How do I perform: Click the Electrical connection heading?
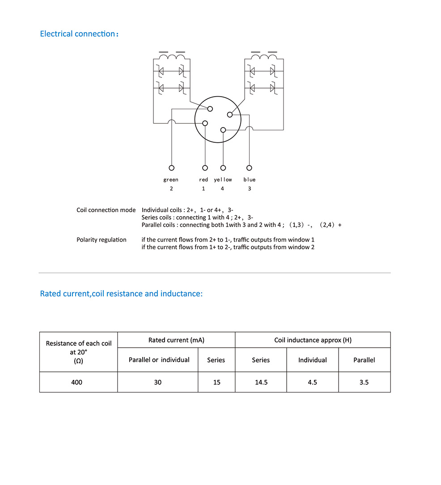(79, 34)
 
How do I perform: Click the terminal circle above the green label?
(171, 168)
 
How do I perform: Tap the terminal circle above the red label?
(205, 168)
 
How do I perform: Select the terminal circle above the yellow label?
(223, 168)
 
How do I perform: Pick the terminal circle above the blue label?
(249, 168)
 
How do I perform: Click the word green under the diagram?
(171, 180)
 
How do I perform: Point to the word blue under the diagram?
(250, 180)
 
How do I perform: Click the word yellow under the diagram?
(223, 180)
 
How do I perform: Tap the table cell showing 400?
(77, 383)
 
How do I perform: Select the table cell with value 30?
(158, 383)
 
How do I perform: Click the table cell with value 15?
(216, 383)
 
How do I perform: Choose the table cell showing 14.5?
(261, 383)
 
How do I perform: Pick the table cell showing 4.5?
(313, 383)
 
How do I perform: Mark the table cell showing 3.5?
(364, 383)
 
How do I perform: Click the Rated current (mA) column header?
(176, 340)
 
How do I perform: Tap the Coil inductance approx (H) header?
(313, 340)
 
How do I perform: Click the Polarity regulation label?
(101, 240)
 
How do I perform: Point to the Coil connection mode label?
(106, 210)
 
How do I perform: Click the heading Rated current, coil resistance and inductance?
(121, 294)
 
